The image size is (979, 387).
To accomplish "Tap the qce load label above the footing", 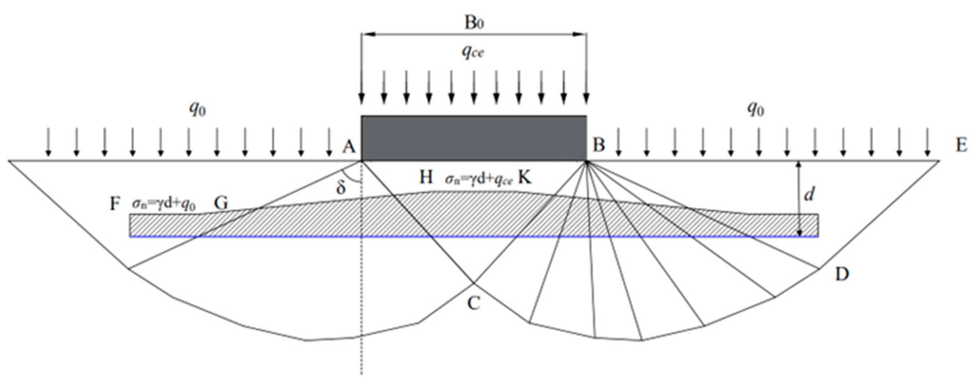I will (x=473, y=52).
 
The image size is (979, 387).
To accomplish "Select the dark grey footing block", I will (x=473, y=138).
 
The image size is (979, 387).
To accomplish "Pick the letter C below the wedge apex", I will (x=473, y=303).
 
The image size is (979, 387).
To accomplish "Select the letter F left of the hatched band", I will (x=115, y=204).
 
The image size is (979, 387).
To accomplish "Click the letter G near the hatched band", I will (x=221, y=204).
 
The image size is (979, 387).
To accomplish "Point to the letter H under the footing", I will (x=426, y=177).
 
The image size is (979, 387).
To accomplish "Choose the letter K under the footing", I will (x=524, y=177).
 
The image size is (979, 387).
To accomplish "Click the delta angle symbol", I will (x=341, y=188).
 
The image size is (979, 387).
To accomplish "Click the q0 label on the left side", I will (x=198, y=110).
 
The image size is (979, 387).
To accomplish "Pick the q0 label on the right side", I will (x=756, y=110).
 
